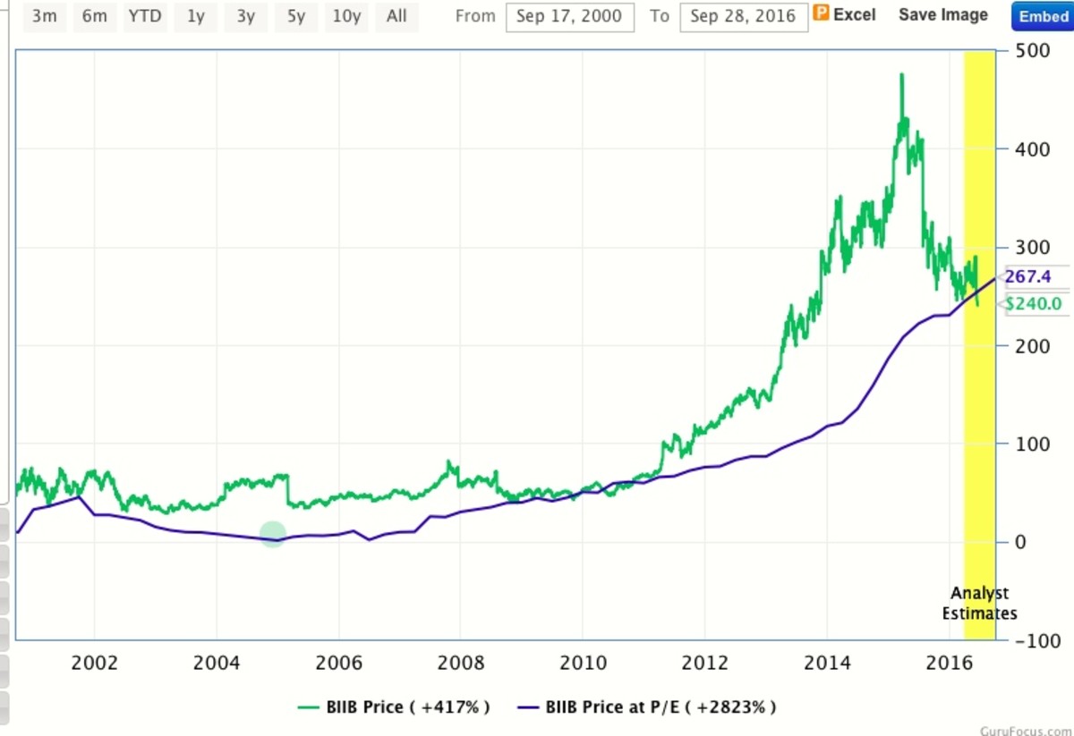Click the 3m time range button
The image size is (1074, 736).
pyautogui.click(x=45, y=16)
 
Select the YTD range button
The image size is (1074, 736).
pyautogui.click(x=145, y=16)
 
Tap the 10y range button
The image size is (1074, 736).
pyautogui.click(x=346, y=16)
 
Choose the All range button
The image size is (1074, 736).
pyautogui.click(x=396, y=16)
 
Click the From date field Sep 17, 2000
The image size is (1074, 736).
pyautogui.click(x=569, y=17)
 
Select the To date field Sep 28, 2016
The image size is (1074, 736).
pyautogui.click(x=743, y=17)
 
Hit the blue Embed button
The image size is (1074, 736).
pyautogui.click(x=1043, y=17)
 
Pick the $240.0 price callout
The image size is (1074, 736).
pyautogui.click(x=1033, y=304)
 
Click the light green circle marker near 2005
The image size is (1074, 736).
pyautogui.click(x=273, y=535)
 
